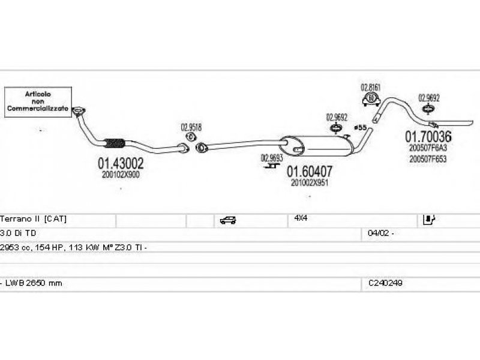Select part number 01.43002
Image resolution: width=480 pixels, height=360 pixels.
point(121,163)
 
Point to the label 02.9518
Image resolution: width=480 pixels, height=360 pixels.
point(191,127)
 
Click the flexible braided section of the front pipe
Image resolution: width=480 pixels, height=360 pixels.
point(115,143)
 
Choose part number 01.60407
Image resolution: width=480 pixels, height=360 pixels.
point(309,172)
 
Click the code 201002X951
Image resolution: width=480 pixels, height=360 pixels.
point(310,183)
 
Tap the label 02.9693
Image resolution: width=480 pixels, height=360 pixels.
point(271,158)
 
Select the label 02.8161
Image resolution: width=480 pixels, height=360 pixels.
point(370,88)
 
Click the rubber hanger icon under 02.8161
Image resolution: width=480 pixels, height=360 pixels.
point(371,100)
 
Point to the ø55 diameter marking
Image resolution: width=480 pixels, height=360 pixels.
point(360,127)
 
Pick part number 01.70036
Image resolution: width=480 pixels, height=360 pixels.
point(428,136)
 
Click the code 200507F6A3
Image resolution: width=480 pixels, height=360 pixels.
point(428,148)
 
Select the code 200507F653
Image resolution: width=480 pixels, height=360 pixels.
point(428,159)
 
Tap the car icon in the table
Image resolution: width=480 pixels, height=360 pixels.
point(229,220)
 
